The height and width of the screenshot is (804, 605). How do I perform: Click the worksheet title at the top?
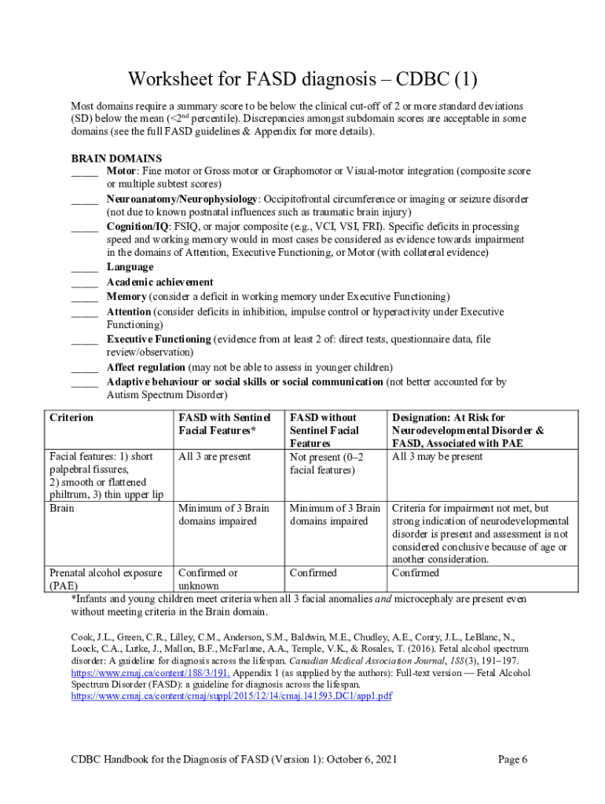coord(302,80)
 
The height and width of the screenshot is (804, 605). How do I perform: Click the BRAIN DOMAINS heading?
coord(116,158)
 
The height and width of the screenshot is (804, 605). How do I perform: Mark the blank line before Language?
coord(84,268)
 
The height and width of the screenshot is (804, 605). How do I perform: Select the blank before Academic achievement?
coord(84,282)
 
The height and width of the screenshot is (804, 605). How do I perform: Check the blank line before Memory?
coord(84,297)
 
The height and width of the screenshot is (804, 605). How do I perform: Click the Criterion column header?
coord(71,418)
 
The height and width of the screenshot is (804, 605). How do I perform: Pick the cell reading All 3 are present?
coord(214,457)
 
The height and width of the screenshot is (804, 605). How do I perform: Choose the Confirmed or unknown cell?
coord(208,579)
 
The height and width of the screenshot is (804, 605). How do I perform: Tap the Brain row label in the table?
coord(62,508)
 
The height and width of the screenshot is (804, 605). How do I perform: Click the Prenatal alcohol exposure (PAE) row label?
coord(105,579)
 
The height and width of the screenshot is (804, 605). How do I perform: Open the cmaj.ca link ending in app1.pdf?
coord(232,696)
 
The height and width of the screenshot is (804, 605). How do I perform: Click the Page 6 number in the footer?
coord(512,759)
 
